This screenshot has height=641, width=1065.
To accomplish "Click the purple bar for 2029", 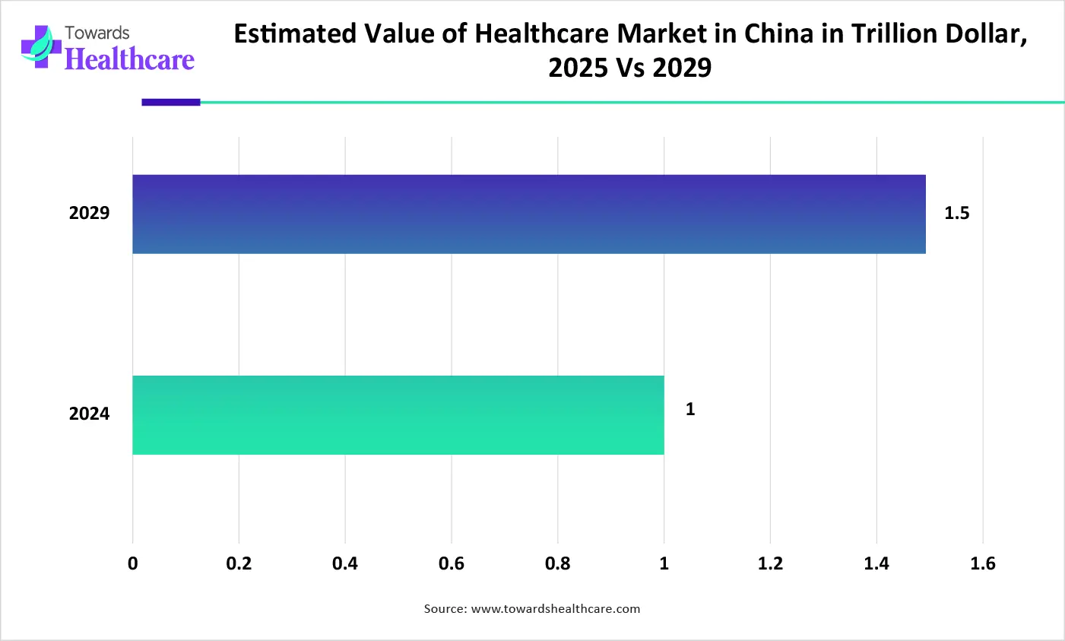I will [529, 214].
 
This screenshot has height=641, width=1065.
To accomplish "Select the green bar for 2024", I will [398, 415].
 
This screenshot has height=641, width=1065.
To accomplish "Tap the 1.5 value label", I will [956, 214].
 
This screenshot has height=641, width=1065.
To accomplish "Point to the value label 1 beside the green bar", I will [690, 410].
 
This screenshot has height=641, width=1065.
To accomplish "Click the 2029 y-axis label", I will [90, 214].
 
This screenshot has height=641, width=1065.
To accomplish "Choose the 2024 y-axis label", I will [90, 414].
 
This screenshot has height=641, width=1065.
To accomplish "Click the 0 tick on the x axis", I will [133, 563].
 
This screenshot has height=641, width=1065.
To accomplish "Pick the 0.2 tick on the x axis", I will [239, 563].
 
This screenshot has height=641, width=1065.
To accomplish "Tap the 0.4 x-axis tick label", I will [345, 563].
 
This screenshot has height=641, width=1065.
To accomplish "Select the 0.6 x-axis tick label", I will [452, 563].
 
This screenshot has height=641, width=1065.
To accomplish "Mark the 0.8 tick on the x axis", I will [557, 563].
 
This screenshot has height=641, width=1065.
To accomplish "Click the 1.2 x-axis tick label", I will [770, 563].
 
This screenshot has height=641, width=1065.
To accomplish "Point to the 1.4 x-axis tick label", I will [876, 563].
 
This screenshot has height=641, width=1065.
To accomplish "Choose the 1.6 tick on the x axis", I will [983, 563].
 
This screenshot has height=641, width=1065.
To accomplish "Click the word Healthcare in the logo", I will [129, 59].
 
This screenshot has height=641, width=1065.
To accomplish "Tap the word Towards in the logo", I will [97, 33].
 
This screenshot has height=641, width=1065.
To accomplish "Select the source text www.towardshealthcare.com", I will [556, 609].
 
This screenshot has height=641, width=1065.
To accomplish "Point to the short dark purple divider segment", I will [171, 102].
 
